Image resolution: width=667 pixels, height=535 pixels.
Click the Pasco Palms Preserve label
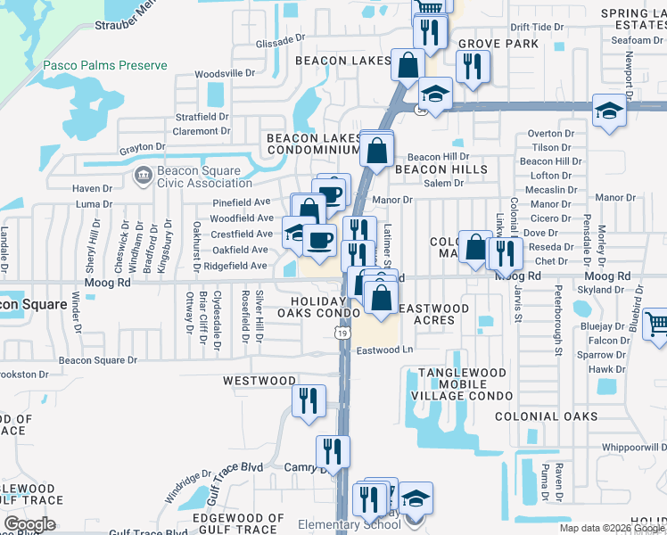(105, 66)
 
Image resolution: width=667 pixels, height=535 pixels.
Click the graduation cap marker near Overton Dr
(609, 111)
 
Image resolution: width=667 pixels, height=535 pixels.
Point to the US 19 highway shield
(342, 333)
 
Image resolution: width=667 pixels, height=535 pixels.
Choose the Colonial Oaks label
(546, 416)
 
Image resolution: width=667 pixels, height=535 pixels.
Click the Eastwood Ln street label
(386, 350)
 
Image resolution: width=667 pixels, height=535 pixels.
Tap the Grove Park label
(498, 44)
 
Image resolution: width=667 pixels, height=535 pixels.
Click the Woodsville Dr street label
(225, 74)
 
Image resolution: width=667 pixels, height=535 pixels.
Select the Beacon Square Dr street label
(98, 361)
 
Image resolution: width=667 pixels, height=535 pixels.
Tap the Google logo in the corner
(29, 523)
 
